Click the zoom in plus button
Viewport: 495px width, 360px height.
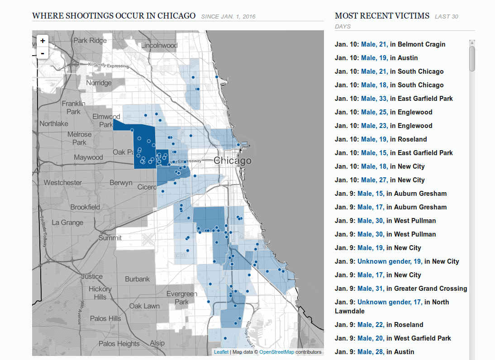pyautogui.click(x=43, y=41)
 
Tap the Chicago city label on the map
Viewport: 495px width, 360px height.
pyautogui.click(x=232, y=161)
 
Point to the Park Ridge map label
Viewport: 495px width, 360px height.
pyautogui.click(x=90, y=40)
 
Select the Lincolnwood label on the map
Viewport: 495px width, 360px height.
pyautogui.click(x=159, y=46)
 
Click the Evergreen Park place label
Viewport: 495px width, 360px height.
pyautogui.click(x=181, y=298)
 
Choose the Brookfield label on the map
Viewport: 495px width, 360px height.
pyautogui.click(x=85, y=207)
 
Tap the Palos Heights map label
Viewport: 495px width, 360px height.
pyautogui.click(x=119, y=344)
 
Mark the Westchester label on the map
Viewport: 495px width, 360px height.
pyautogui.click(x=63, y=183)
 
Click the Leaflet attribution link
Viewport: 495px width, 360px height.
pyautogui.click(x=221, y=352)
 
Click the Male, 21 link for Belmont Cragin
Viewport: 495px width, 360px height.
pyautogui.click(x=375, y=44)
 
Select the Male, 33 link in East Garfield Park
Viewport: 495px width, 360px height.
pyautogui.click(x=375, y=99)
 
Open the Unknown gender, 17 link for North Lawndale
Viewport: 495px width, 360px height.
pyautogui.click(x=390, y=302)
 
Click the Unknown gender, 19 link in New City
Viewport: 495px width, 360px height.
pyautogui.click(x=390, y=261)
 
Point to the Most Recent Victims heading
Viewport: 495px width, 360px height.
pyautogui.click(x=382, y=16)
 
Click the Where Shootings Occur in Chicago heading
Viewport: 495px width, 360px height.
pyautogui.click(x=114, y=16)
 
